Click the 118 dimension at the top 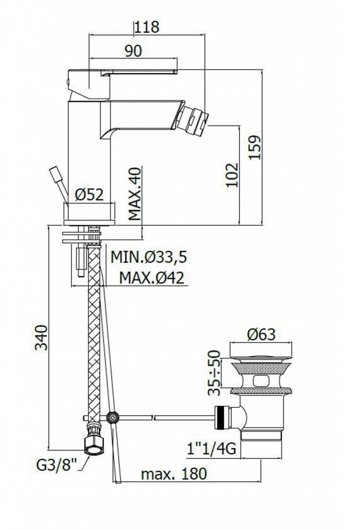[x=147, y=27]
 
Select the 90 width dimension [x=133, y=51]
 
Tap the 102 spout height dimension [x=232, y=175]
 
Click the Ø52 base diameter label [x=89, y=195]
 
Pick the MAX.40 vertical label [x=135, y=195]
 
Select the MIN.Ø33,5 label [x=148, y=257]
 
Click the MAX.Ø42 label [x=152, y=278]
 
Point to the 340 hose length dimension [x=41, y=337]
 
